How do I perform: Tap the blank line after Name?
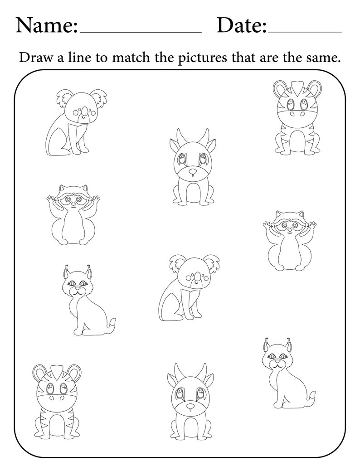(x=141, y=33)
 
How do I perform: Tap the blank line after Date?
(x=305, y=33)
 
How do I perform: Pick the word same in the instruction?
(x=324, y=58)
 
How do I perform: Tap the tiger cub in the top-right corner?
(x=295, y=118)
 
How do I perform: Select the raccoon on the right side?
(x=289, y=240)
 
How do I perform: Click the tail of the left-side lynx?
(x=111, y=324)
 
